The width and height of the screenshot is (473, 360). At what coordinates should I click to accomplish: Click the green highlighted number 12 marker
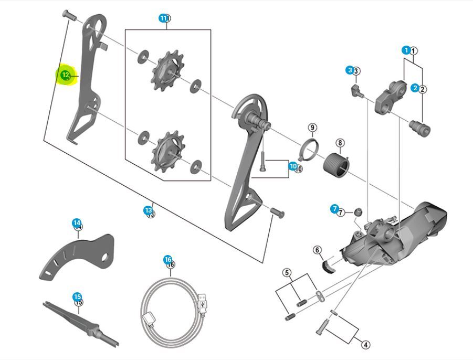[x=65, y=76]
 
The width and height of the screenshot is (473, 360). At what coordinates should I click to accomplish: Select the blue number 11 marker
[x=163, y=18]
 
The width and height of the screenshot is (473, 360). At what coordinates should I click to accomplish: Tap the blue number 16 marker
[x=167, y=260]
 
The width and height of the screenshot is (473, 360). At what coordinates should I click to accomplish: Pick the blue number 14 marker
[x=77, y=223]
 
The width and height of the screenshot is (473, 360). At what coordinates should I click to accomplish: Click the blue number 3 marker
[x=350, y=70]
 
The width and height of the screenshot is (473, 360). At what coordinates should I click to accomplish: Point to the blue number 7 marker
[x=334, y=209]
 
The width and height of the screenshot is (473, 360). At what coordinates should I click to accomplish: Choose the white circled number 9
[x=312, y=128]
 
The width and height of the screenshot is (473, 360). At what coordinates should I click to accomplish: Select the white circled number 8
[x=340, y=143]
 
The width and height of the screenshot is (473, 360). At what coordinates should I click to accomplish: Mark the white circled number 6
[x=317, y=250]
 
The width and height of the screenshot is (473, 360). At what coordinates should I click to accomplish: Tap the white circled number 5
[x=286, y=272]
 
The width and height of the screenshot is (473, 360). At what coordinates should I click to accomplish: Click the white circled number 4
[x=365, y=345]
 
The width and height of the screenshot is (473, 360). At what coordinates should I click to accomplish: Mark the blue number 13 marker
[x=148, y=210]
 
